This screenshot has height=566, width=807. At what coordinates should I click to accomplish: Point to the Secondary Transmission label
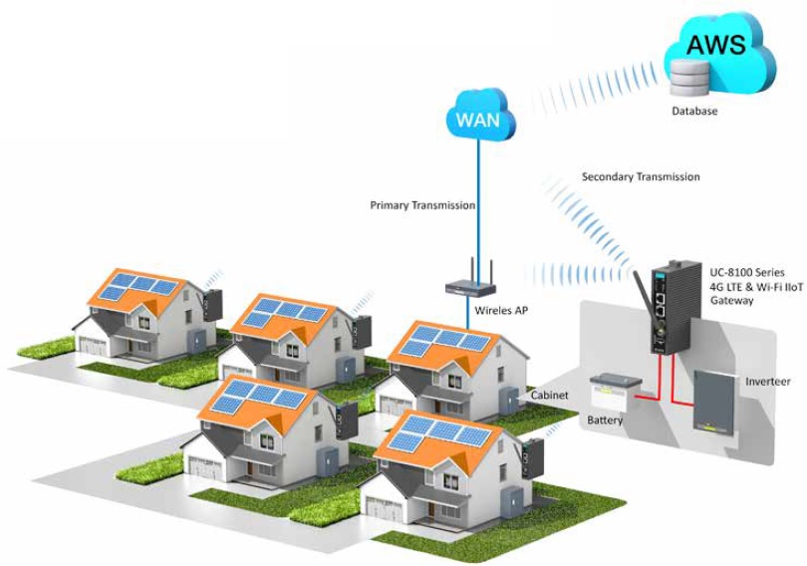tap(641, 177)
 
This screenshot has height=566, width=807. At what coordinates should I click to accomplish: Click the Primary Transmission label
tap(422, 206)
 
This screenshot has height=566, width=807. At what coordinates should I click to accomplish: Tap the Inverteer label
tap(768, 383)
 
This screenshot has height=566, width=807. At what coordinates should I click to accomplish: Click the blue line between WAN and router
tap(479, 199)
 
